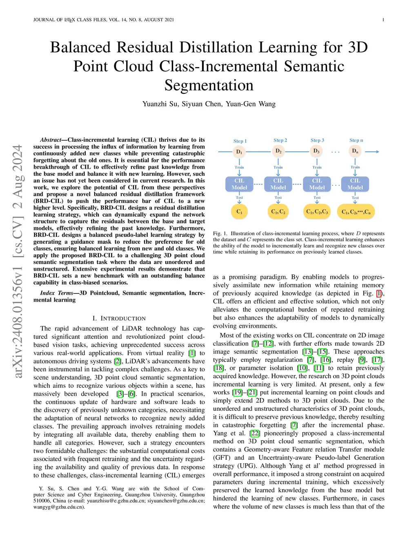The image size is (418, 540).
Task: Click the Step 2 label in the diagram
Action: pos(280,140)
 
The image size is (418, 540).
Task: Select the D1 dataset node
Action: pos(239,152)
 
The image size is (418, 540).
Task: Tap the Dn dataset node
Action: pos(355,151)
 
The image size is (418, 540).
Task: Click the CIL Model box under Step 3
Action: pos(317,184)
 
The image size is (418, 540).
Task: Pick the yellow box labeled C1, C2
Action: pos(278,212)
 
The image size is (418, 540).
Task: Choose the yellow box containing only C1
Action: pos(239,212)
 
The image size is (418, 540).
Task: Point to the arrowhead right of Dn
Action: pos(377,152)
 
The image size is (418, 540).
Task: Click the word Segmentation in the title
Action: pos(209,86)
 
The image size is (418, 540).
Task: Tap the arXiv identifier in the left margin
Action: pos(18,261)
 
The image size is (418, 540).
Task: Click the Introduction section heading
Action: pos(119,318)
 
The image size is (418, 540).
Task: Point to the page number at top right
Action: pos(383,20)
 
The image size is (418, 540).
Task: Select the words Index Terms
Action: pos(56,293)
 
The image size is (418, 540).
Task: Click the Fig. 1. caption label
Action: pos(220,234)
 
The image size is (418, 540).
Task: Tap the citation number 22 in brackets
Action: pos(255,433)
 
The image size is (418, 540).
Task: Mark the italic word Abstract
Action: pos(50,140)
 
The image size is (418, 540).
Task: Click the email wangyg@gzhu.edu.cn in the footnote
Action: pos(59,507)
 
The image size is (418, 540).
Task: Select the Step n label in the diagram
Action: pos(356,140)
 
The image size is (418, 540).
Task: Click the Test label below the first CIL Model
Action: pos(239,198)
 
